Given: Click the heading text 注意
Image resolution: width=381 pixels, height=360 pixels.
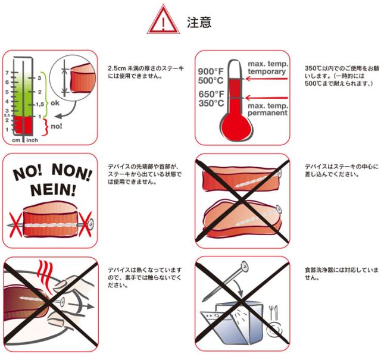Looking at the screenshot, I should pyautogui.click(x=199, y=23).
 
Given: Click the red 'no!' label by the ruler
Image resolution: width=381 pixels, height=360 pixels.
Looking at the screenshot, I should pyautogui.click(x=57, y=126).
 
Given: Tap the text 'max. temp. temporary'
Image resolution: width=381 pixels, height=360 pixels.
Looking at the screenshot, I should pyautogui.click(x=267, y=68).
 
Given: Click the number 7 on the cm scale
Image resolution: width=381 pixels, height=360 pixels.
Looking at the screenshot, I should pyautogui.click(x=7, y=73).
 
